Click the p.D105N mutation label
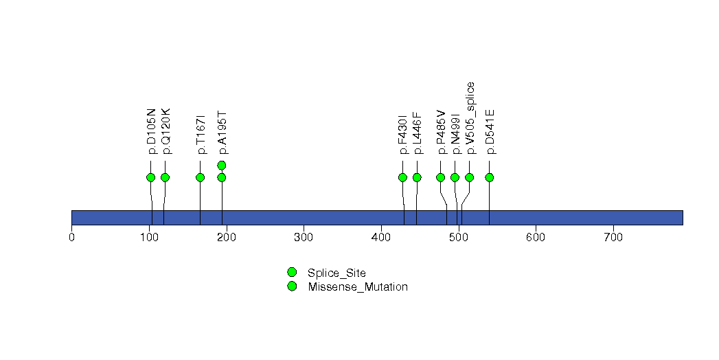151,132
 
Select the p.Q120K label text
166,131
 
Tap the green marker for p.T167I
201,177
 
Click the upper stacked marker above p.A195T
222,165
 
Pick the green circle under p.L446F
417,177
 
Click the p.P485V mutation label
441,133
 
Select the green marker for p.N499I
455,177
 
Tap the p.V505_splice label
470,118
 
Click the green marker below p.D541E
489,177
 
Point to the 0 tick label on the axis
71,237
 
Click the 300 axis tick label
304,237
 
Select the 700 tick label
613,237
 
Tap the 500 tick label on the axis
459,237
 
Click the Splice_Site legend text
337,273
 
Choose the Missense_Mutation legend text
358,287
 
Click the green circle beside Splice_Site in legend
292,273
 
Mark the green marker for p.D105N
150,177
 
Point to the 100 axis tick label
149,237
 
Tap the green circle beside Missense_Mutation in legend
292,286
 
